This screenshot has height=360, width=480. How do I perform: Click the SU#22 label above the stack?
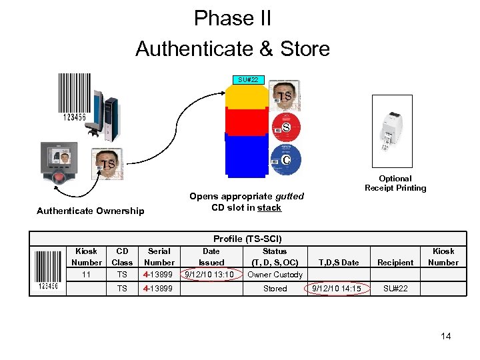pos(248,79)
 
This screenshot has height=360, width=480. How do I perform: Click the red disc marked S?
pos(286,127)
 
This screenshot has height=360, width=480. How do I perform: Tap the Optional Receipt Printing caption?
pos(395,183)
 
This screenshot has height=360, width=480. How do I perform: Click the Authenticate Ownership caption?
pos(90,211)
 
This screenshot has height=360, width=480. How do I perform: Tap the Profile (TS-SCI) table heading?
pos(247,239)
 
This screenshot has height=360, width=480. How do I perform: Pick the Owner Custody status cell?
pos(275,274)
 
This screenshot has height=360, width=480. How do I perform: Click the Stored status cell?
pos(275,289)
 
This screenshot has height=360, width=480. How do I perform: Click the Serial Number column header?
pos(159,257)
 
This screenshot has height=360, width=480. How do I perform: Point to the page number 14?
pos(446,336)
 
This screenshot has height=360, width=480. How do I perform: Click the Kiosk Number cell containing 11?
pos(86,274)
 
